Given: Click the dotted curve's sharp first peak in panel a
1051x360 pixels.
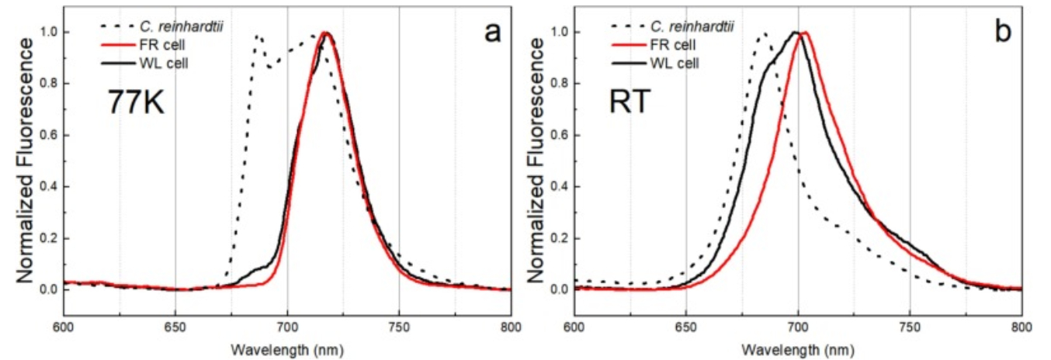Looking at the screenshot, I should coord(256,36).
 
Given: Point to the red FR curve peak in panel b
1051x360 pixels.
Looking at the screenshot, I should coord(806,33).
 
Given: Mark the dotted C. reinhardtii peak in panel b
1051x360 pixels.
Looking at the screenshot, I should coord(764,33).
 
